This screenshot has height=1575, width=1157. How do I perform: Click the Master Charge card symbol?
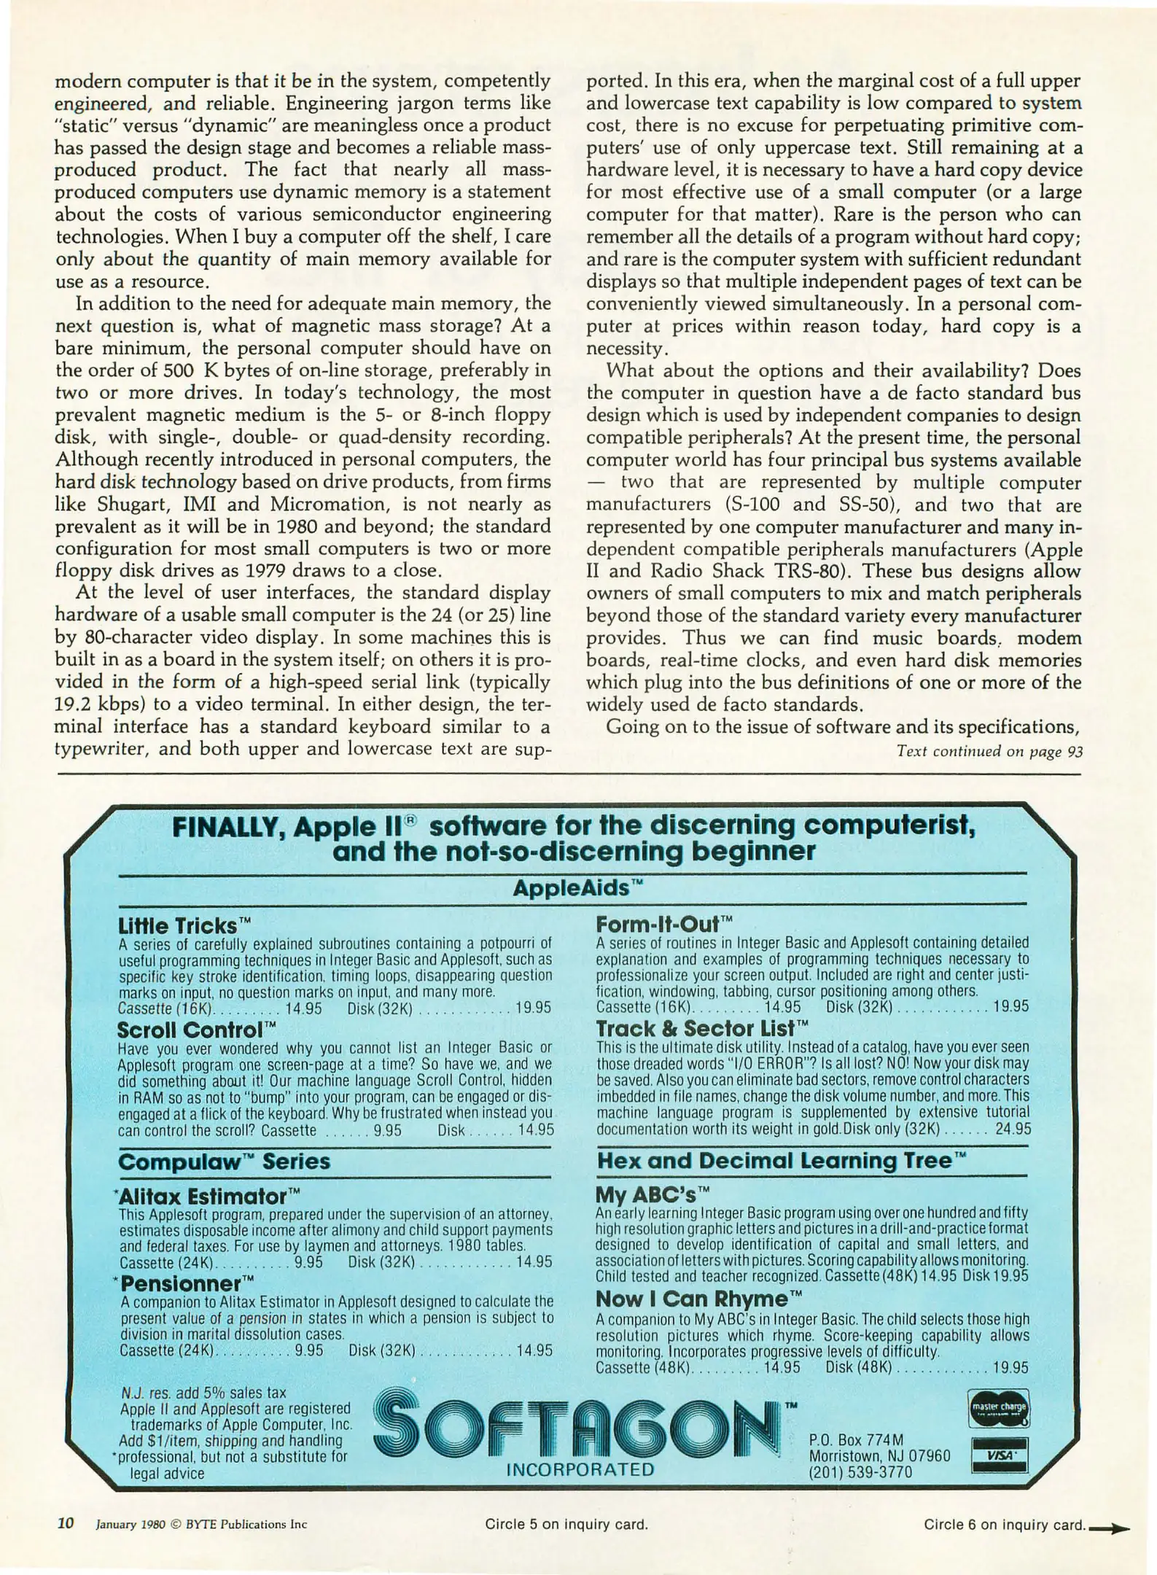999,1407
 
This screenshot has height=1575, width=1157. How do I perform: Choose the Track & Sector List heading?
703,1028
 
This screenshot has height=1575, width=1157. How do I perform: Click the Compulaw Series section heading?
224,1162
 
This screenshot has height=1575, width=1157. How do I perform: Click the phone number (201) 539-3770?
860,1471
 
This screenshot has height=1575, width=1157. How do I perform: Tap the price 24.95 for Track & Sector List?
1013,1129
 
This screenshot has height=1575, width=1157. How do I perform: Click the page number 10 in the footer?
66,1523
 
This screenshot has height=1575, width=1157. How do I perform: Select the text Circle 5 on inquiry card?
566,1524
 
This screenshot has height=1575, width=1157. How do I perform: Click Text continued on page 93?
989,752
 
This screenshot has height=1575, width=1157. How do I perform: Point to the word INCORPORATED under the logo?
580,1470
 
